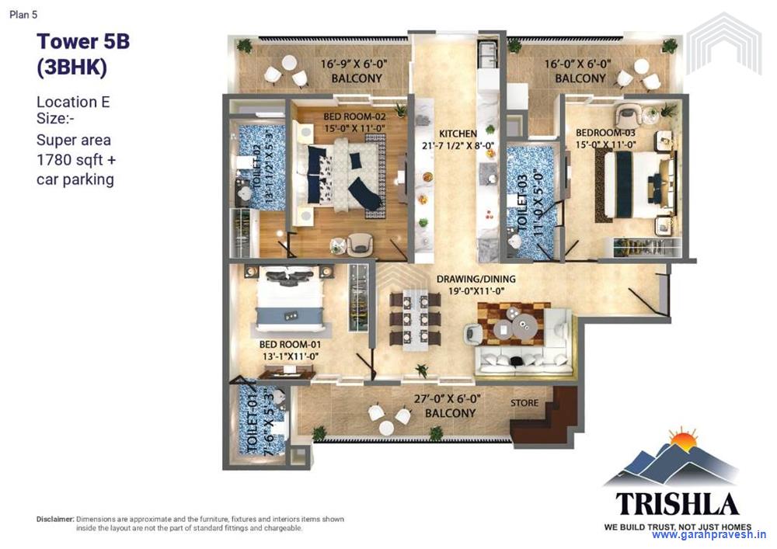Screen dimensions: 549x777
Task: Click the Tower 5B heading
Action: pos(83,41)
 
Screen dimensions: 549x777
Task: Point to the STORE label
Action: pos(524,403)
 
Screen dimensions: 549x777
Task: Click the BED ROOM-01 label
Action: pos(289,343)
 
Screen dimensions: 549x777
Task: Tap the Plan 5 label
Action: pos(23,13)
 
